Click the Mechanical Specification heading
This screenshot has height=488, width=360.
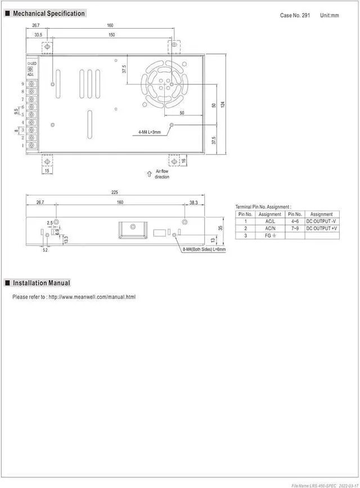[x=48, y=14]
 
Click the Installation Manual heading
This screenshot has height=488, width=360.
[x=42, y=283]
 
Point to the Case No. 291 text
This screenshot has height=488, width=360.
[x=295, y=15]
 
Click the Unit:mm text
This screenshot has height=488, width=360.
[x=330, y=15]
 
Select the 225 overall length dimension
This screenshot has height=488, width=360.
[x=115, y=192]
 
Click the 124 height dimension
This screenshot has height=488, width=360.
[x=223, y=105]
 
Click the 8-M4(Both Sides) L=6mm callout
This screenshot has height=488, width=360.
[x=204, y=249]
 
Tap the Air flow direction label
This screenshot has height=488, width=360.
[x=161, y=174]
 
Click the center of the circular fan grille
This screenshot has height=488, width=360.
[x=164, y=84]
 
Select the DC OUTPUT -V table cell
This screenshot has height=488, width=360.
[x=321, y=221]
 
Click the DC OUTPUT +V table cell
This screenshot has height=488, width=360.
[x=321, y=229]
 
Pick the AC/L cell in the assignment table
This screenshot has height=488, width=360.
[x=270, y=221]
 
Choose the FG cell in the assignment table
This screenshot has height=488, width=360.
[x=270, y=236]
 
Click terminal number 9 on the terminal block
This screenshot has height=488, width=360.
[x=23, y=84]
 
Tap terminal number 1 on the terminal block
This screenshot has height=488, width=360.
[x=23, y=146]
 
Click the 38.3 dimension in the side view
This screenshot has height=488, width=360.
[x=193, y=202]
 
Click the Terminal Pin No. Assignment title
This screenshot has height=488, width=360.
[x=263, y=207]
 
